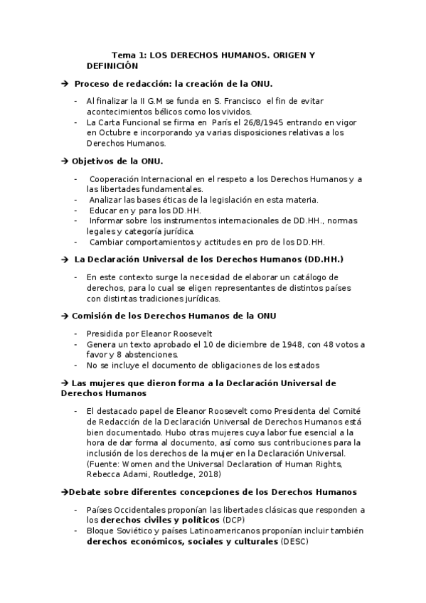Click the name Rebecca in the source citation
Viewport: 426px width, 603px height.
pyautogui.click(x=104, y=474)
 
